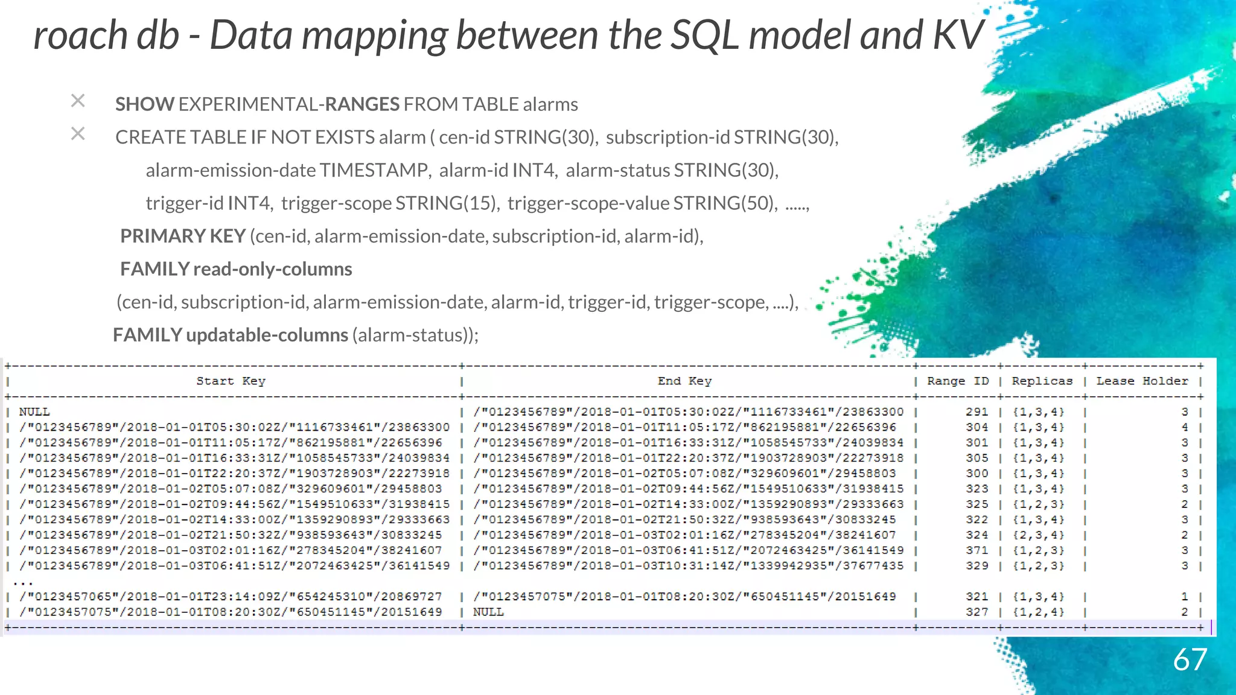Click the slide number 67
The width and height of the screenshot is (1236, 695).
click(x=1190, y=660)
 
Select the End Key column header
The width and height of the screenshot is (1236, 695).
click(x=684, y=381)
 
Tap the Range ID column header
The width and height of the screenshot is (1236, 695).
click(x=958, y=381)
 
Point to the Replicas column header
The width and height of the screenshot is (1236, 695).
click(x=1042, y=381)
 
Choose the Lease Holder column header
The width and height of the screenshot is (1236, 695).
click(x=1142, y=381)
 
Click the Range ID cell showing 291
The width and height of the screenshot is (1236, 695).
click(x=976, y=412)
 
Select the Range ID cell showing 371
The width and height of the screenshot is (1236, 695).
click(x=976, y=550)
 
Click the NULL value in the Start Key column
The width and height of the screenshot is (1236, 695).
click(x=34, y=412)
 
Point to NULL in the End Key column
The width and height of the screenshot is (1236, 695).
click(x=488, y=612)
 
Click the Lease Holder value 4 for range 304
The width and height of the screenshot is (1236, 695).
click(x=1185, y=427)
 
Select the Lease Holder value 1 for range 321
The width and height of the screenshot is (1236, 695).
click(x=1185, y=597)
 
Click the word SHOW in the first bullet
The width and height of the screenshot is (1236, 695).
click(x=145, y=104)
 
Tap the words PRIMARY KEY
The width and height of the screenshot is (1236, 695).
click(x=183, y=236)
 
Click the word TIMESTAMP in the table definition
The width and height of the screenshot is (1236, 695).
click(x=374, y=170)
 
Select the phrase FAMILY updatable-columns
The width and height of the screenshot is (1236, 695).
click(x=231, y=335)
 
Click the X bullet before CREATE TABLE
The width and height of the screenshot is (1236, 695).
click(x=78, y=133)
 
